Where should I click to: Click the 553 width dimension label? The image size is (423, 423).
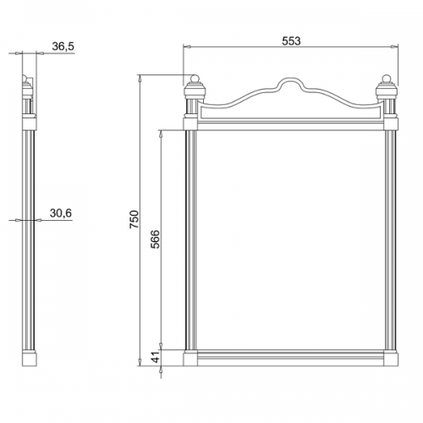(291, 41)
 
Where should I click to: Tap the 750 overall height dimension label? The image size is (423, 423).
(135, 219)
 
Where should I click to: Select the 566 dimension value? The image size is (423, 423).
(155, 239)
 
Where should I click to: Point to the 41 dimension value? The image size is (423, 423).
(156, 357)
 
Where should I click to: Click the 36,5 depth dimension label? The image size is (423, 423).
(63, 47)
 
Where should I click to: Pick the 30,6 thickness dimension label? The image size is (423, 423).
(61, 213)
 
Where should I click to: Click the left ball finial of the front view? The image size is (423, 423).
(195, 79)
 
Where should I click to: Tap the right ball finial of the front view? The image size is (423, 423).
(387, 79)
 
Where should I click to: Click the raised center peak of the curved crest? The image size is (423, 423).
(291, 80)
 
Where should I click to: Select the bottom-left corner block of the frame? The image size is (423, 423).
(190, 359)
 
